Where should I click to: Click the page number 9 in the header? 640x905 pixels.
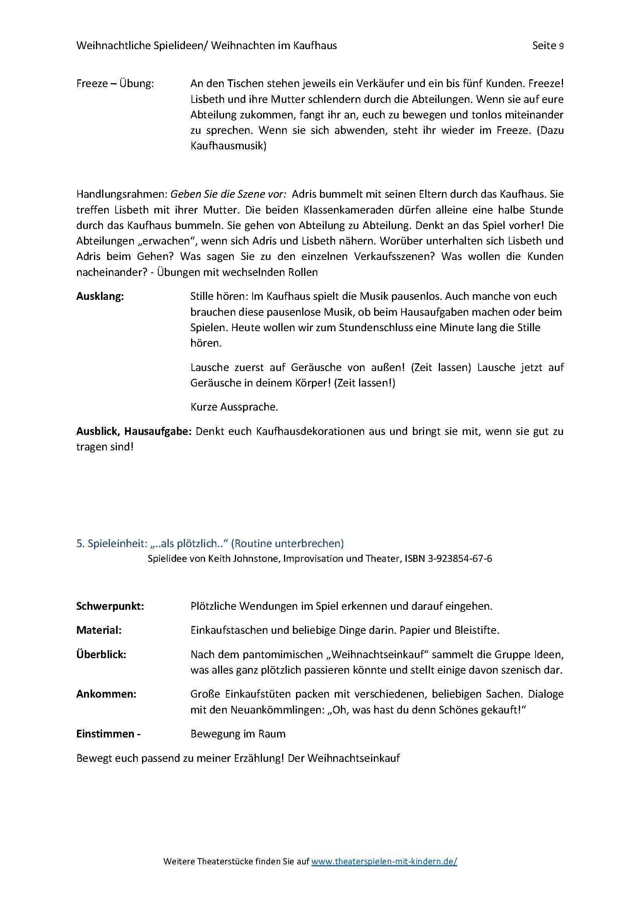(x=561, y=46)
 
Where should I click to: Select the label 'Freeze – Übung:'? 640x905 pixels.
(x=115, y=84)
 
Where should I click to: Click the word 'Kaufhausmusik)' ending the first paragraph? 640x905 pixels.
(x=229, y=146)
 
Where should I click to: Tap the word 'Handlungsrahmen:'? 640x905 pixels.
(x=122, y=194)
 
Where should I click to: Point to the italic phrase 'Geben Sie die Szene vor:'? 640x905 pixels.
(x=228, y=194)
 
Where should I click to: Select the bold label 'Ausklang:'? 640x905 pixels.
(x=100, y=296)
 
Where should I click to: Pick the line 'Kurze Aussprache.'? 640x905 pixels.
(x=234, y=407)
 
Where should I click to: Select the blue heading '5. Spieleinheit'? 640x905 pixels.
(x=111, y=543)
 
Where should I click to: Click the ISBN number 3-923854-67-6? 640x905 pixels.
(x=460, y=559)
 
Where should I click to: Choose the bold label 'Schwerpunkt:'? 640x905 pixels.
(x=110, y=606)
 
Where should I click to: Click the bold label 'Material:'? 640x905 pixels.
(x=99, y=630)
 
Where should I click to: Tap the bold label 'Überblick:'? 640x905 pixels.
(x=101, y=654)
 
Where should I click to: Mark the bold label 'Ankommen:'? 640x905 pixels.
(x=106, y=694)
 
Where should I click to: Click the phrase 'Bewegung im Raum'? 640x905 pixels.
(x=238, y=734)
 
